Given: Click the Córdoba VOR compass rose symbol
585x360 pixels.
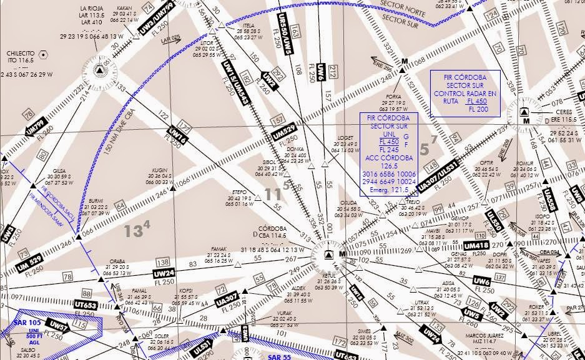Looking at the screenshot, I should coord(328,255).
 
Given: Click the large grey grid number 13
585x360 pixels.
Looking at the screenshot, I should coord(134,231).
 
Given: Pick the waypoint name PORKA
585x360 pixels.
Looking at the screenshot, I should coord(394,97).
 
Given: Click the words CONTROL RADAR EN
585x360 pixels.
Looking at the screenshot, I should coord(465,93).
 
